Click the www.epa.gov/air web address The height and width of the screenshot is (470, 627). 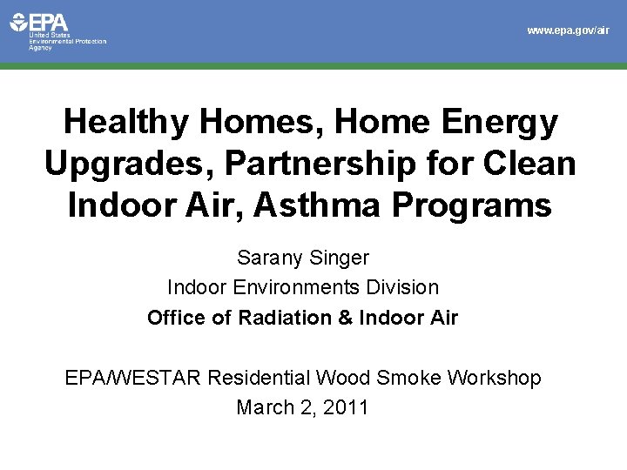[x=568, y=30]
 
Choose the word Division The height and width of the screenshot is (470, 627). [x=406, y=286]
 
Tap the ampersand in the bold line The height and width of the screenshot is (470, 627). [x=344, y=318]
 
